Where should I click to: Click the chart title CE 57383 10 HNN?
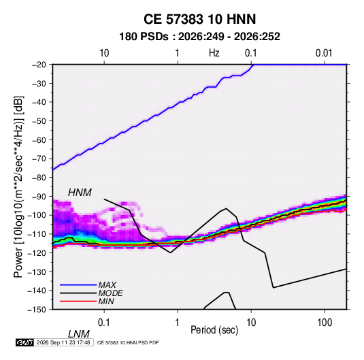click(199, 19)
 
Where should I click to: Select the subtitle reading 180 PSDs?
click(144, 37)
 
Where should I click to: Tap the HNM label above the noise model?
click(80, 193)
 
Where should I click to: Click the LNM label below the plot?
click(78, 334)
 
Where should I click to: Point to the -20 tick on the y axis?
click(39, 65)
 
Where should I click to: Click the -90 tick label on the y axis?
click(39, 196)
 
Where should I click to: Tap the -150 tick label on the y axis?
click(37, 310)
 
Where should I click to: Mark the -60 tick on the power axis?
click(39, 140)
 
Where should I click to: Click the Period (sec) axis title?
click(214, 330)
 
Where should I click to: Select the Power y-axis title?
click(18, 187)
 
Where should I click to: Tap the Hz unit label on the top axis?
click(214, 53)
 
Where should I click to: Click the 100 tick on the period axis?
click(324, 323)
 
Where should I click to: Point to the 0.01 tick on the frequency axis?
click(324, 53)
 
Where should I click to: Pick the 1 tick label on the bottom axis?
click(178, 323)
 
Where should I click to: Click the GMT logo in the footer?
click(25, 342)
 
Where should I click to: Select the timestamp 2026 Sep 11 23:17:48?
click(63, 342)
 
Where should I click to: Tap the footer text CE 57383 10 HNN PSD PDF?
click(128, 343)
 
